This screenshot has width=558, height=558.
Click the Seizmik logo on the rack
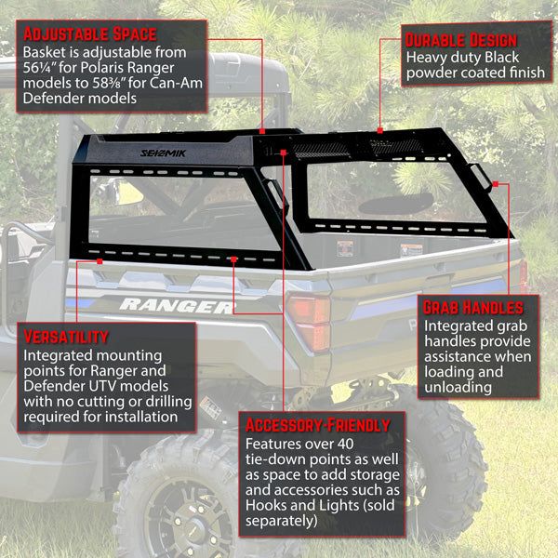click(x=163, y=153)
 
